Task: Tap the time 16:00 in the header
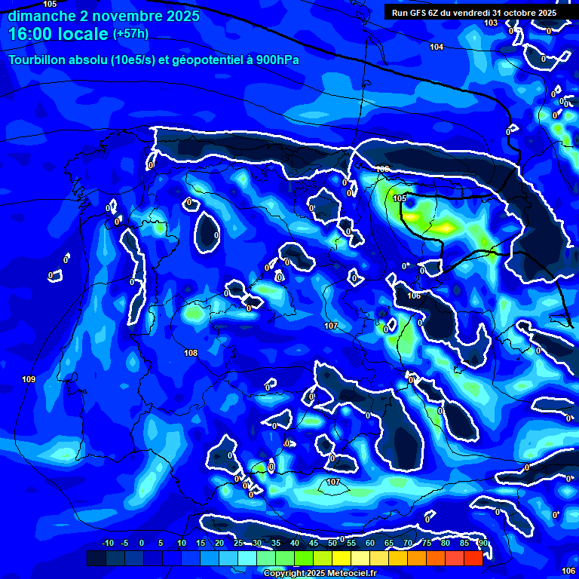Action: click(32, 34)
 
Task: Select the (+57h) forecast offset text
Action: click(130, 34)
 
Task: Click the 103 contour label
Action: click(491, 23)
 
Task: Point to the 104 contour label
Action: click(437, 47)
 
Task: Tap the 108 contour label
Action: click(191, 353)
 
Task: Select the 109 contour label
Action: click(29, 379)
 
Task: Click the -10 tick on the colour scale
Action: click(107, 544)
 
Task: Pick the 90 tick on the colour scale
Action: click(483, 544)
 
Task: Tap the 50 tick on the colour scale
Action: click(332, 544)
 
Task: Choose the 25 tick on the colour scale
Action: click(238, 544)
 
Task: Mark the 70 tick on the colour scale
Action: click(407, 544)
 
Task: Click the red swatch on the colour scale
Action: click(473, 558)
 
